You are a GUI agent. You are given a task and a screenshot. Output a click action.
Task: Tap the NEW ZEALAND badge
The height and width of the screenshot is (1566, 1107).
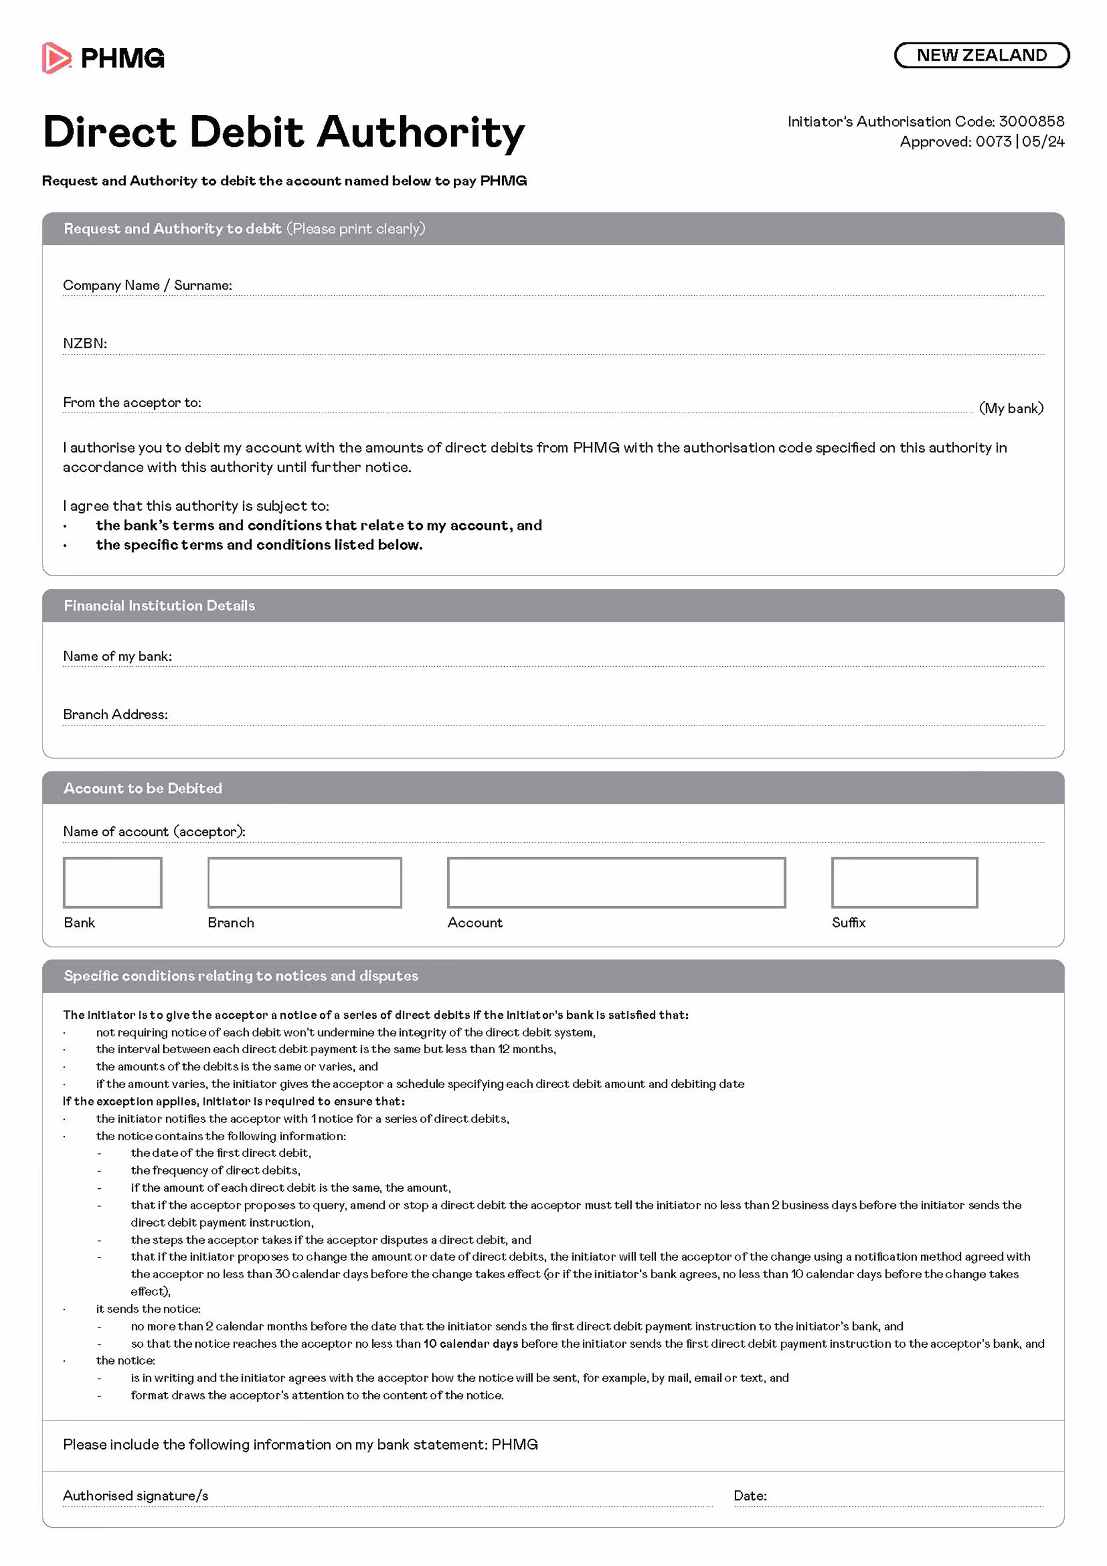coord(981,55)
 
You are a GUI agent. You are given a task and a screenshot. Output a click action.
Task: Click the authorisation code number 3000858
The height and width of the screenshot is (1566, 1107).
coord(1031,121)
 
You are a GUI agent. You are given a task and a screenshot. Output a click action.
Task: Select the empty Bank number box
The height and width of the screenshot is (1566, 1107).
coord(112,883)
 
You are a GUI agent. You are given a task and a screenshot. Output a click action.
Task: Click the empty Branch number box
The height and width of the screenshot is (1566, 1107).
coord(304,883)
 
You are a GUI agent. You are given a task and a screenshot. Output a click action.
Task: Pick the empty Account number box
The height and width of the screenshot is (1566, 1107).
coord(615,883)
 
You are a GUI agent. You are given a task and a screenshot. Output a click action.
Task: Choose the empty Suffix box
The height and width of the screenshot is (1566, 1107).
coord(904,883)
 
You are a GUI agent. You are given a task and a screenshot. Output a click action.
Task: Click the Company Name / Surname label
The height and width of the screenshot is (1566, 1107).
coord(147,285)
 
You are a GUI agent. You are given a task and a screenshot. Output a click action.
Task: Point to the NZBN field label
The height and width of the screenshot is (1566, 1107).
coord(85,343)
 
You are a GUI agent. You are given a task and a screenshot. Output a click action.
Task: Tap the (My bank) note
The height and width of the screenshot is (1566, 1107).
coord(1011,408)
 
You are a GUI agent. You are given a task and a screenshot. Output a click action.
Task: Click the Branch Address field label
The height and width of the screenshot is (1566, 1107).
coord(115,714)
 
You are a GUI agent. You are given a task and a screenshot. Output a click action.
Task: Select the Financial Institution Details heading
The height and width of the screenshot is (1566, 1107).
coord(159,606)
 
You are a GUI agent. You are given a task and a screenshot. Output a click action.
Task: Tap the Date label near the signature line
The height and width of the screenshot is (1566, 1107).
coord(750,1496)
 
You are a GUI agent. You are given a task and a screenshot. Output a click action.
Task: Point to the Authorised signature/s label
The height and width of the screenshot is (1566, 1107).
coord(136,1496)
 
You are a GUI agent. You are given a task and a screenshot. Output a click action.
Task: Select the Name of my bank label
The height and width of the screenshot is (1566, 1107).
coord(117,656)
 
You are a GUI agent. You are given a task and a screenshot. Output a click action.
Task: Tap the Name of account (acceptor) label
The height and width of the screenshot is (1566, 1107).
coord(154,831)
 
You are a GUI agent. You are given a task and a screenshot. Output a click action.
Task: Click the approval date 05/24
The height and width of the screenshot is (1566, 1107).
coord(1043,142)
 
